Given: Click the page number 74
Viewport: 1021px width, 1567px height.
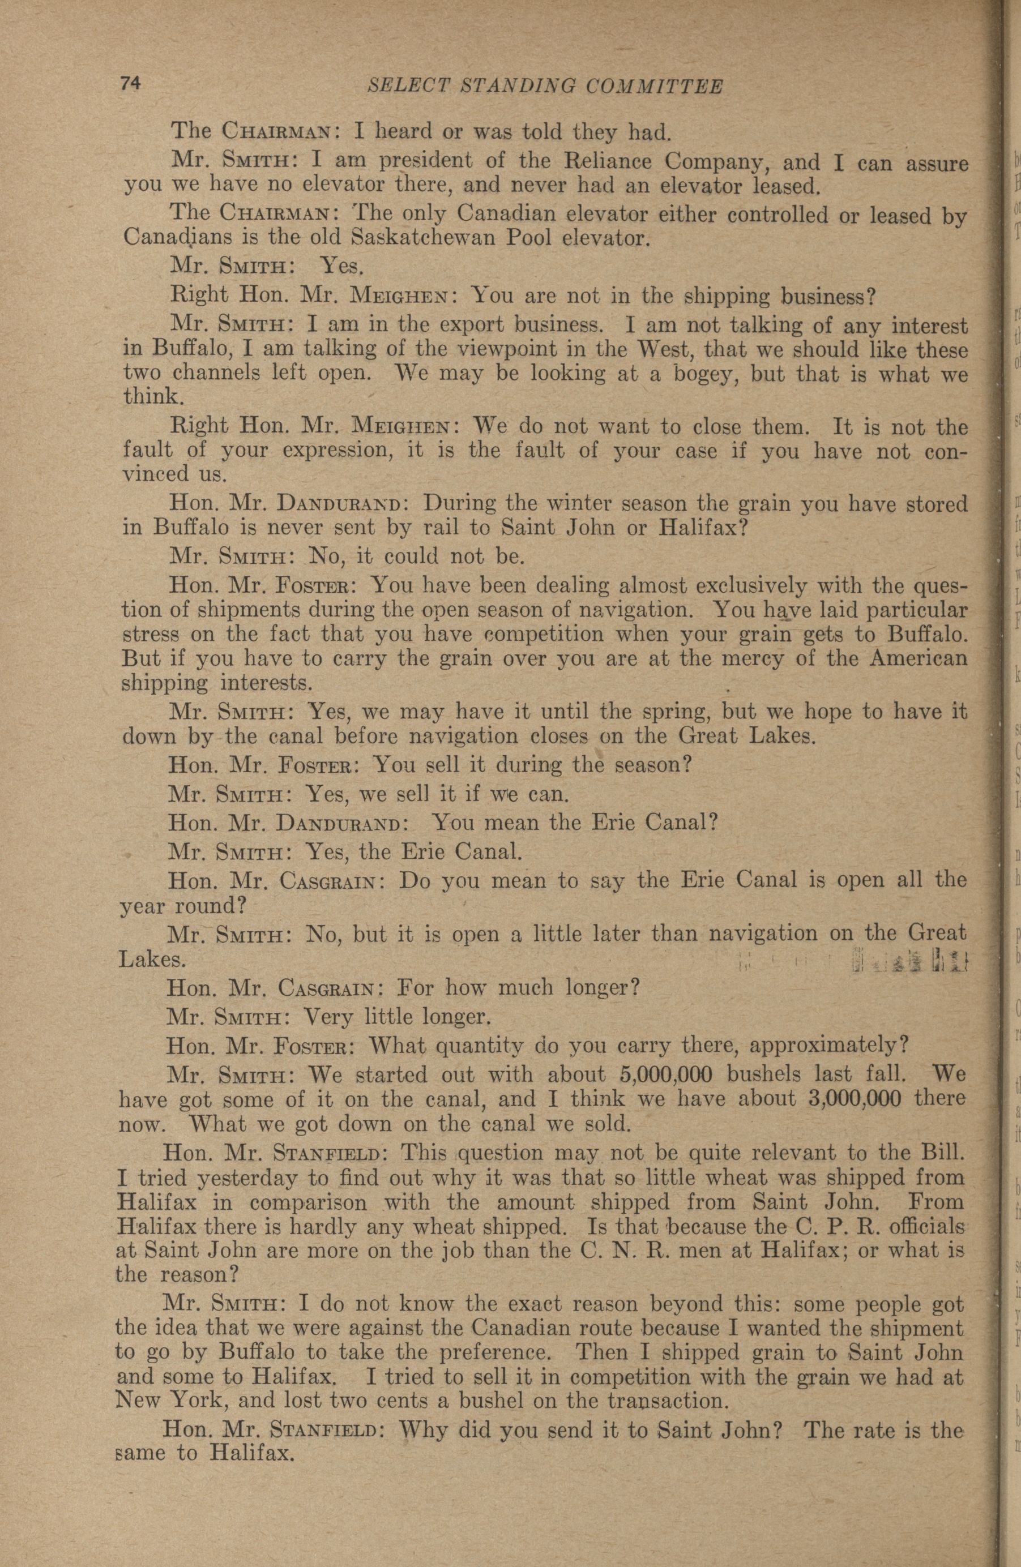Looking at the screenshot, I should point(130,84).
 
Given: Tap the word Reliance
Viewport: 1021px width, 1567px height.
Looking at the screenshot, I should point(597,161).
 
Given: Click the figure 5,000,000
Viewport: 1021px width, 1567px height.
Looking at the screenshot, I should point(666,1074).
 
